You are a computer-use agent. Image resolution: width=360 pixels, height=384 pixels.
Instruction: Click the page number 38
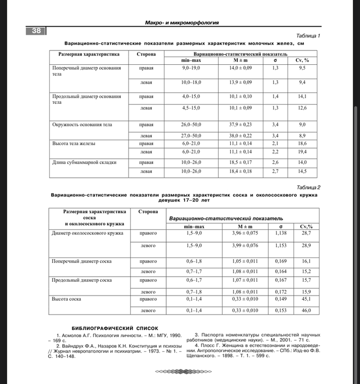pos(36,31)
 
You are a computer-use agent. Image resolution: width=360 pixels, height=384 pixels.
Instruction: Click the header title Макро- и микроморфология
pos(182,23)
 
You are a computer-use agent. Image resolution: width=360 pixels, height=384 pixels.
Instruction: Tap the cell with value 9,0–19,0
pos(191,68)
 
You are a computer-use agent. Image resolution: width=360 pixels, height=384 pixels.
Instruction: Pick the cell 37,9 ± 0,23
pos(241,124)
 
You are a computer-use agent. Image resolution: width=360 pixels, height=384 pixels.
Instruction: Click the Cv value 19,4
pos(302,152)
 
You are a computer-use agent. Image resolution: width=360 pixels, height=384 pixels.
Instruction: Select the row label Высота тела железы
pos(74,143)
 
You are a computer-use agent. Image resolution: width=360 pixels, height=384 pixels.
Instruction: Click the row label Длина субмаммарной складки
pos(84,162)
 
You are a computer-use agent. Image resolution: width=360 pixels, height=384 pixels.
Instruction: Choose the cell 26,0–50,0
pos(191,124)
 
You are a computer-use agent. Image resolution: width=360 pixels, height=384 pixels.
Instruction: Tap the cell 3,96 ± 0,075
pos(245,233)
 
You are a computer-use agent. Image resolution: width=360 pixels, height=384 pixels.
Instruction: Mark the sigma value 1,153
pos(280,246)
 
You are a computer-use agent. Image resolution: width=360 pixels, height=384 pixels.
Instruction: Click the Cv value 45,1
pos(306,299)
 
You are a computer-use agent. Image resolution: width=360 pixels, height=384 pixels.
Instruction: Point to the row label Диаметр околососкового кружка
pos(88,233)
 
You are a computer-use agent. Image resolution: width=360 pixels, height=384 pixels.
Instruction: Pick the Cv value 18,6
pos(302,143)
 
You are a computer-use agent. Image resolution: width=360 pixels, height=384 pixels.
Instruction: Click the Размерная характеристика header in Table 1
pos(88,54)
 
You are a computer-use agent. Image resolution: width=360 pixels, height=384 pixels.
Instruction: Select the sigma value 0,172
pos(280,292)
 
